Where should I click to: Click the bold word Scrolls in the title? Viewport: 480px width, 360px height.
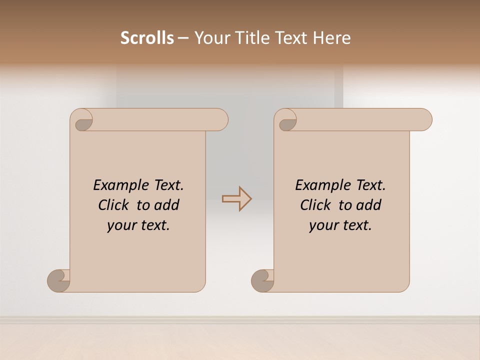pyautogui.click(x=147, y=38)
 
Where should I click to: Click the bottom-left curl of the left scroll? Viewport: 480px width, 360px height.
pyautogui.click(x=58, y=280)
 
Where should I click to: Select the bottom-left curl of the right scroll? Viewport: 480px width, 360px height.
pyautogui.click(x=262, y=280)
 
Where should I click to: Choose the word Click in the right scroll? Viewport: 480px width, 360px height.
pyautogui.click(x=315, y=205)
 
